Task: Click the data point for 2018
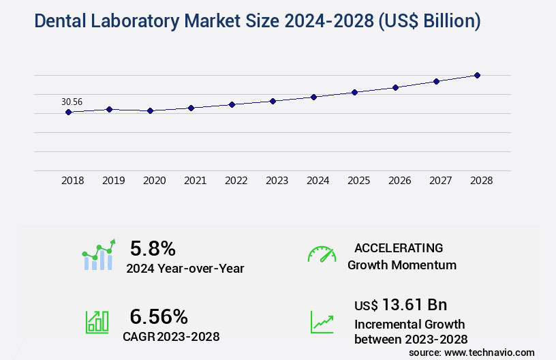point(68,112)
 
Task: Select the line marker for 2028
point(477,75)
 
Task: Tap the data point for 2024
point(313,97)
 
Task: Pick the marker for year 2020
point(150,110)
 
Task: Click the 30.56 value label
point(72,102)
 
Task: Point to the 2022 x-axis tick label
point(236,181)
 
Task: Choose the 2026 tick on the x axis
point(399,181)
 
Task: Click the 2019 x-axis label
point(113,181)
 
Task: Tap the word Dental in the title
point(59,21)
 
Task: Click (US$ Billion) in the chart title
point(427,21)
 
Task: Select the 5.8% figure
point(153,248)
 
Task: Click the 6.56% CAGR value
point(159,316)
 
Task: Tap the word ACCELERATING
point(399,247)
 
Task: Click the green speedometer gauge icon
point(322,254)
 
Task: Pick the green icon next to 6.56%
point(97,322)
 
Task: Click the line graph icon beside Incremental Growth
point(322,322)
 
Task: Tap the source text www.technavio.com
point(489,352)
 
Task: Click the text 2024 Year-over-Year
point(185,268)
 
